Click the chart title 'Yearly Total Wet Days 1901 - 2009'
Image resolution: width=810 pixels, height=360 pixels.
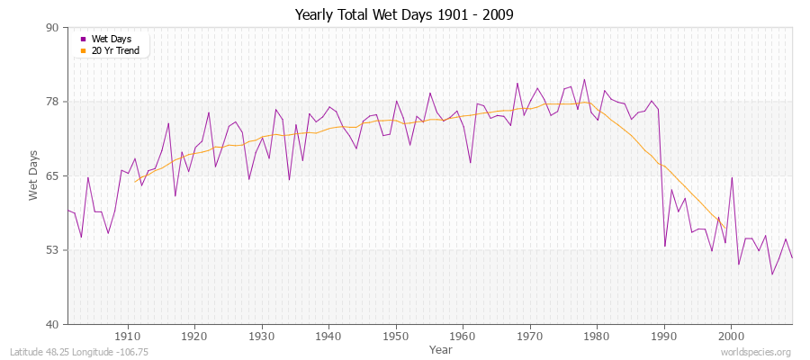point(404,15)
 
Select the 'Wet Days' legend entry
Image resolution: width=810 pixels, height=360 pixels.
point(112,39)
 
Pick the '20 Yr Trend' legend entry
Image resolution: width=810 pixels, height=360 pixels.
point(116,50)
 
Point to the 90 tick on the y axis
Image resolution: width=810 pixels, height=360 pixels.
point(52,27)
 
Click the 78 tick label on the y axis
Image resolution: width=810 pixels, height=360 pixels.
point(52,102)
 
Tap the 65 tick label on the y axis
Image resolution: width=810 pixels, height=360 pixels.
point(52,175)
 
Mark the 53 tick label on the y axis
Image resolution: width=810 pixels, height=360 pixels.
point(52,250)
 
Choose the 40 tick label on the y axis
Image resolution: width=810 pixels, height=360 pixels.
point(52,324)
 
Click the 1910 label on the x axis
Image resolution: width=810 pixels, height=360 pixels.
point(128,337)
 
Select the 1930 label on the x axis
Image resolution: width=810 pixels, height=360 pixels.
point(262,337)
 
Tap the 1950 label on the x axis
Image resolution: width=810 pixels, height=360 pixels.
point(396,337)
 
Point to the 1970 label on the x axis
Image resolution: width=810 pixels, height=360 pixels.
point(530,337)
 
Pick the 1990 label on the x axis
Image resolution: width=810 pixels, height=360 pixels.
point(664,337)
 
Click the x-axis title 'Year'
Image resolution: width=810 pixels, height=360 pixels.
point(441,348)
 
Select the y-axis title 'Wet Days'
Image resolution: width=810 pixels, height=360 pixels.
point(34,175)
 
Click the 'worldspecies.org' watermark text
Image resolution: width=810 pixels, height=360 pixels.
point(756,352)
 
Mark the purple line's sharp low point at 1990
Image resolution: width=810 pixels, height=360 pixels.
point(665,246)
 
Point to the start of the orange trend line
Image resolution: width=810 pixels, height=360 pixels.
point(135,182)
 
